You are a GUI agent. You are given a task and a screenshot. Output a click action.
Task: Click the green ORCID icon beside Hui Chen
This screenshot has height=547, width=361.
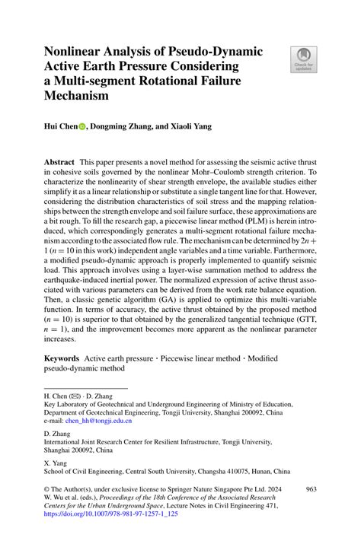pos(94,127)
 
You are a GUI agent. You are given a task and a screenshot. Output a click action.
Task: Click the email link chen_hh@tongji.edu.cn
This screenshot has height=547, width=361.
pos(98,419)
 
